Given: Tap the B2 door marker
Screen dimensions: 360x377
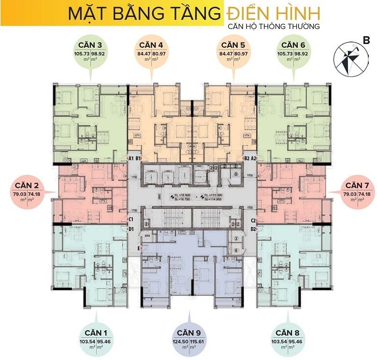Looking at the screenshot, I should point(246,158).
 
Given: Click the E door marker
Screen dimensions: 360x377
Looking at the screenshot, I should point(139,248).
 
